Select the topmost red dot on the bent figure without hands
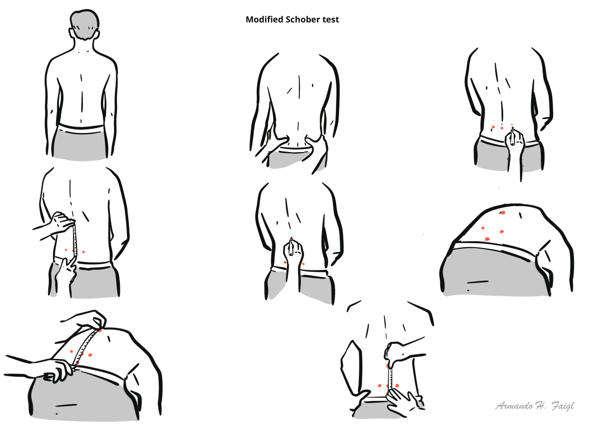coord(503,213)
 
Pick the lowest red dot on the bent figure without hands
coord(487,239)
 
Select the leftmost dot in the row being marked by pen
coord(493,127)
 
